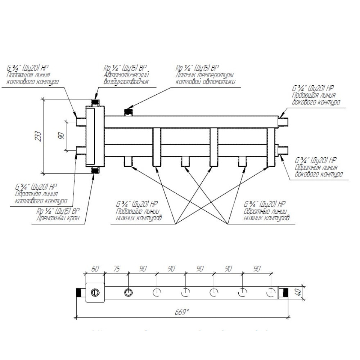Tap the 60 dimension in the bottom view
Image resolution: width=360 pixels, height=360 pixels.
coord(95,269)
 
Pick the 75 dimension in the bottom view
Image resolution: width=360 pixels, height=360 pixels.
coord(117,269)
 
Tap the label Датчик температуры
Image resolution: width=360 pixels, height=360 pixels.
coord(204,75)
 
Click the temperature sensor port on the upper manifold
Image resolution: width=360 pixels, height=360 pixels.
coord(127,112)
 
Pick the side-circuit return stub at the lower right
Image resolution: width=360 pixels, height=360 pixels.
coord(283,150)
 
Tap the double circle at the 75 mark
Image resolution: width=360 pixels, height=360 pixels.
coord(128,292)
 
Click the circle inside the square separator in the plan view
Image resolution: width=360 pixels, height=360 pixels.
coord(95,292)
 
